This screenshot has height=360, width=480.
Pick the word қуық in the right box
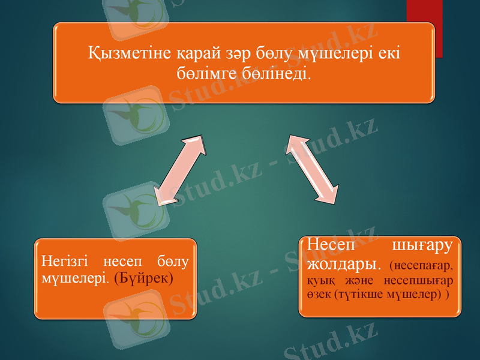(320, 281)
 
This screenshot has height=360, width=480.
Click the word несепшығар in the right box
(422, 281)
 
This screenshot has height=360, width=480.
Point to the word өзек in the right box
(319, 296)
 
